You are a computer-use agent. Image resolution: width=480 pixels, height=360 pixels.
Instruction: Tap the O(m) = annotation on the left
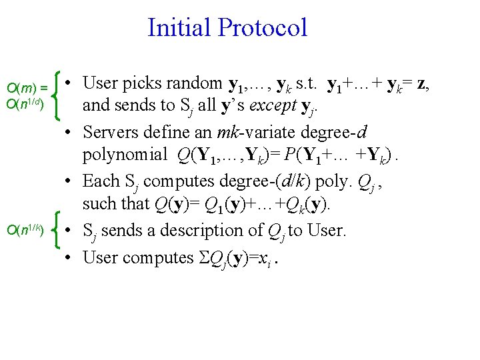(x=27, y=87)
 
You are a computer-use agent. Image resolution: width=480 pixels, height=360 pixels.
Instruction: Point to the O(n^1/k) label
(x=25, y=231)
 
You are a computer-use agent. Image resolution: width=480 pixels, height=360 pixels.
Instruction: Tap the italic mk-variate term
(x=240, y=133)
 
